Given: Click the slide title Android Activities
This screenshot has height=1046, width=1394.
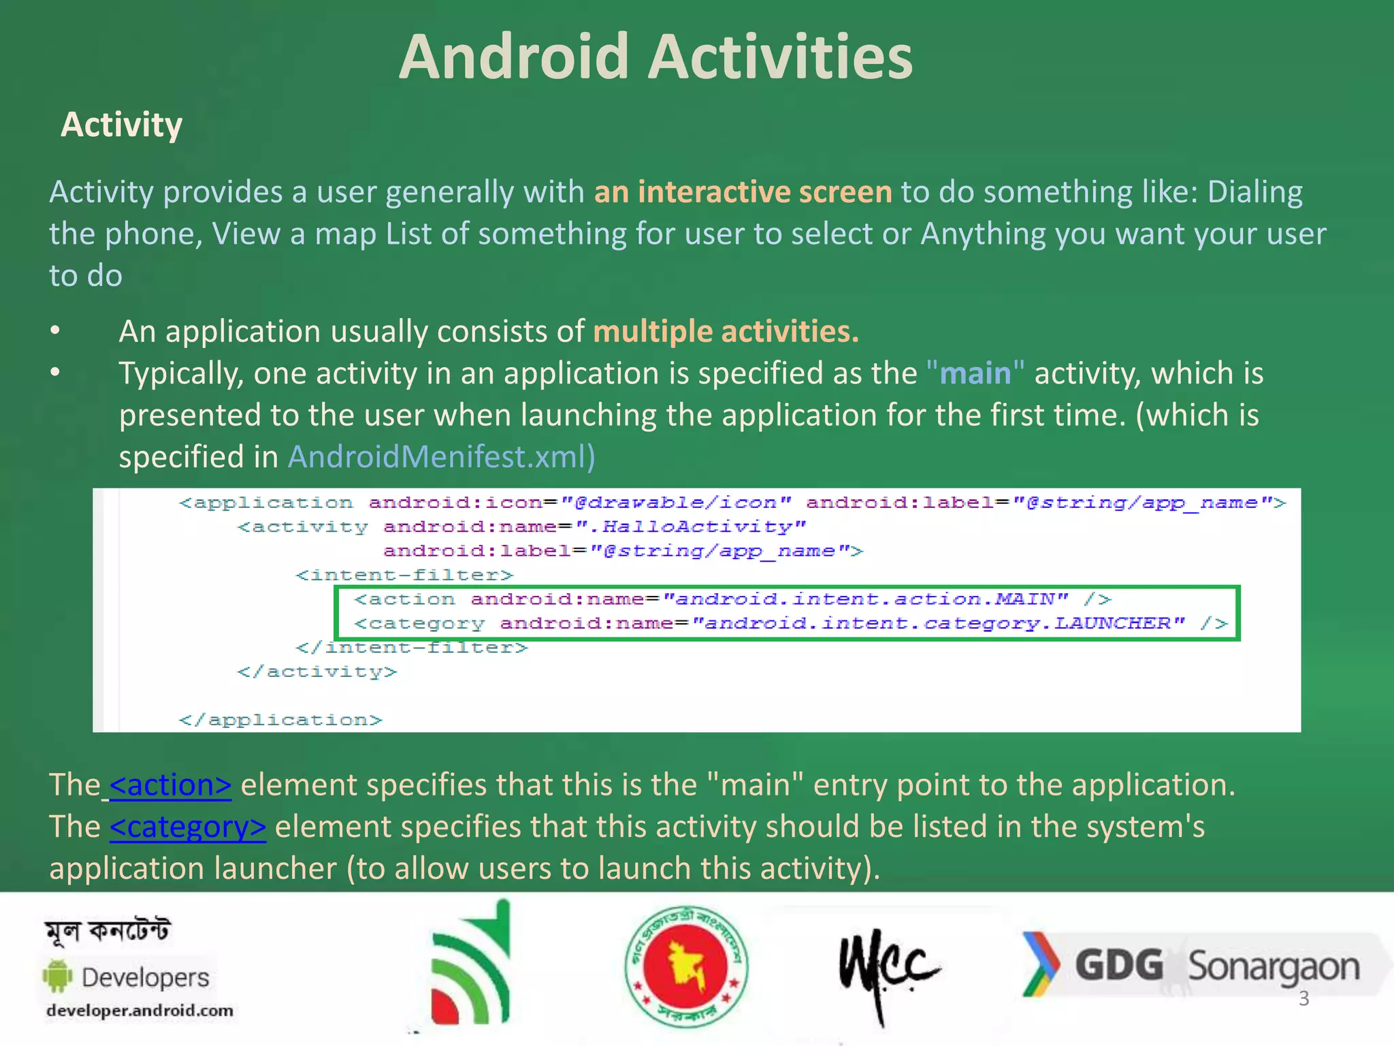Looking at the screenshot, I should pyautogui.click(x=655, y=57).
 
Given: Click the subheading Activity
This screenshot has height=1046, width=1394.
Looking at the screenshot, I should pyautogui.click(x=121, y=125).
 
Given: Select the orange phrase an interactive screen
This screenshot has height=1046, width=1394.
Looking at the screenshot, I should pyautogui.click(x=743, y=192).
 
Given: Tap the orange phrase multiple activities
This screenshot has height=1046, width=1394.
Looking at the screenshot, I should pyautogui.click(x=726, y=332).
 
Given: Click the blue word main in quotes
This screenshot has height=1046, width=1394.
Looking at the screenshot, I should pyautogui.click(x=975, y=374).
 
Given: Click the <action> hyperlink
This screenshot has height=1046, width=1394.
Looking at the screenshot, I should pyautogui.click(x=170, y=785).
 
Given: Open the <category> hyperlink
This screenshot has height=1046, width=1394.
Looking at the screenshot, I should pyautogui.click(x=187, y=827).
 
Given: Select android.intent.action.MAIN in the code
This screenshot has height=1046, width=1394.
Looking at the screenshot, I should pyautogui.click(x=864, y=599).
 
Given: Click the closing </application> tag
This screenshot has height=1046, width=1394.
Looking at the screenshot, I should pyautogui.click(x=280, y=720).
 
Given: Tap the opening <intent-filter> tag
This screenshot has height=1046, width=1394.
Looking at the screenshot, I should pyautogui.click(x=404, y=575).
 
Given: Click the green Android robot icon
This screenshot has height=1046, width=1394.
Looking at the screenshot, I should pyautogui.click(x=58, y=977).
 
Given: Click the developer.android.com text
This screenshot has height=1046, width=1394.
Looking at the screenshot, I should pyautogui.click(x=140, y=1011).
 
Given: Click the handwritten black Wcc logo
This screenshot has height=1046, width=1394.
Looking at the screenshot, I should pyautogui.click(x=886, y=967).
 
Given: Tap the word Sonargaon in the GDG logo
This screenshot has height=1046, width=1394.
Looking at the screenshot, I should pyautogui.click(x=1273, y=967).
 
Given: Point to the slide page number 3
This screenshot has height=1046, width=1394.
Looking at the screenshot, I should pyautogui.click(x=1303, y=999).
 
